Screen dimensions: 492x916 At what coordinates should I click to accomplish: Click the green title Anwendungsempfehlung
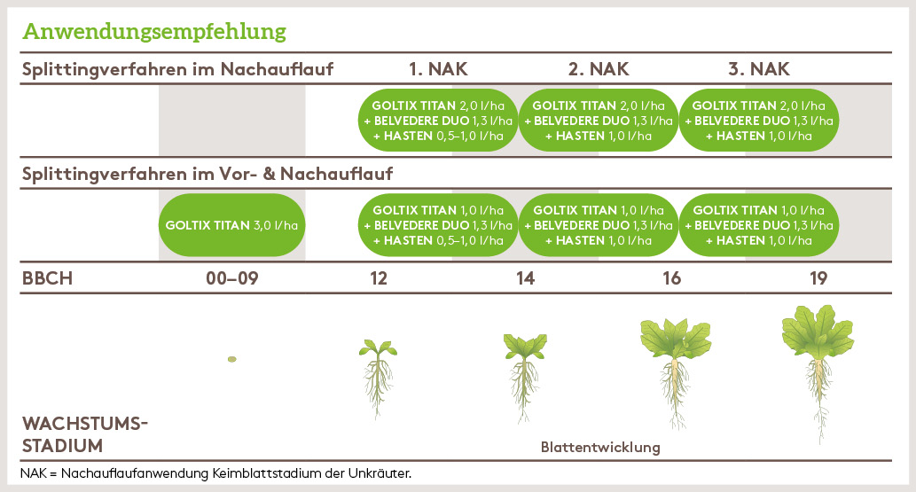point(154,32)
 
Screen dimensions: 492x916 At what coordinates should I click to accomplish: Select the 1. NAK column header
point(438,69)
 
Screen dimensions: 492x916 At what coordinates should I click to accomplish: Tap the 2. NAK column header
point(598,69)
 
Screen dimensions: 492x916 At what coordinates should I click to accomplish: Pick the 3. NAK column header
point(758,69)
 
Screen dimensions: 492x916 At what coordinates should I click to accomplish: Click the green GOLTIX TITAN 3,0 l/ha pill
point(231,225)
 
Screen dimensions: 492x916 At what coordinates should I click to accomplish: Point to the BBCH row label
point(47,278)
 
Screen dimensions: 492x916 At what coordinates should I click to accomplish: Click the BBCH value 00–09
point(231,278)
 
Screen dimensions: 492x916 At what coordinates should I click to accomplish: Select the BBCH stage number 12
point(380,278)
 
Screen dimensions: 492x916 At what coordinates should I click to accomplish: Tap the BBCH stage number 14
point(525,278)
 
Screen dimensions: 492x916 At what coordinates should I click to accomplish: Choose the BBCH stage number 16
point(672,278)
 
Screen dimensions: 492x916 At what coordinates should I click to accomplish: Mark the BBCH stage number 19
point(818,278)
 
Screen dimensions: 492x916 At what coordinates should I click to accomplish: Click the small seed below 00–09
point(231,359)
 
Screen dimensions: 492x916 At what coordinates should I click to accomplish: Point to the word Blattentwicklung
point(600,447)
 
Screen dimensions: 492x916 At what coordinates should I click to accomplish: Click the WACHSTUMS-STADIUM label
point(83,434)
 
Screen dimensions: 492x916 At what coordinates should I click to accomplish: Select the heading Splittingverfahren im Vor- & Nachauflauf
point(207,174)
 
